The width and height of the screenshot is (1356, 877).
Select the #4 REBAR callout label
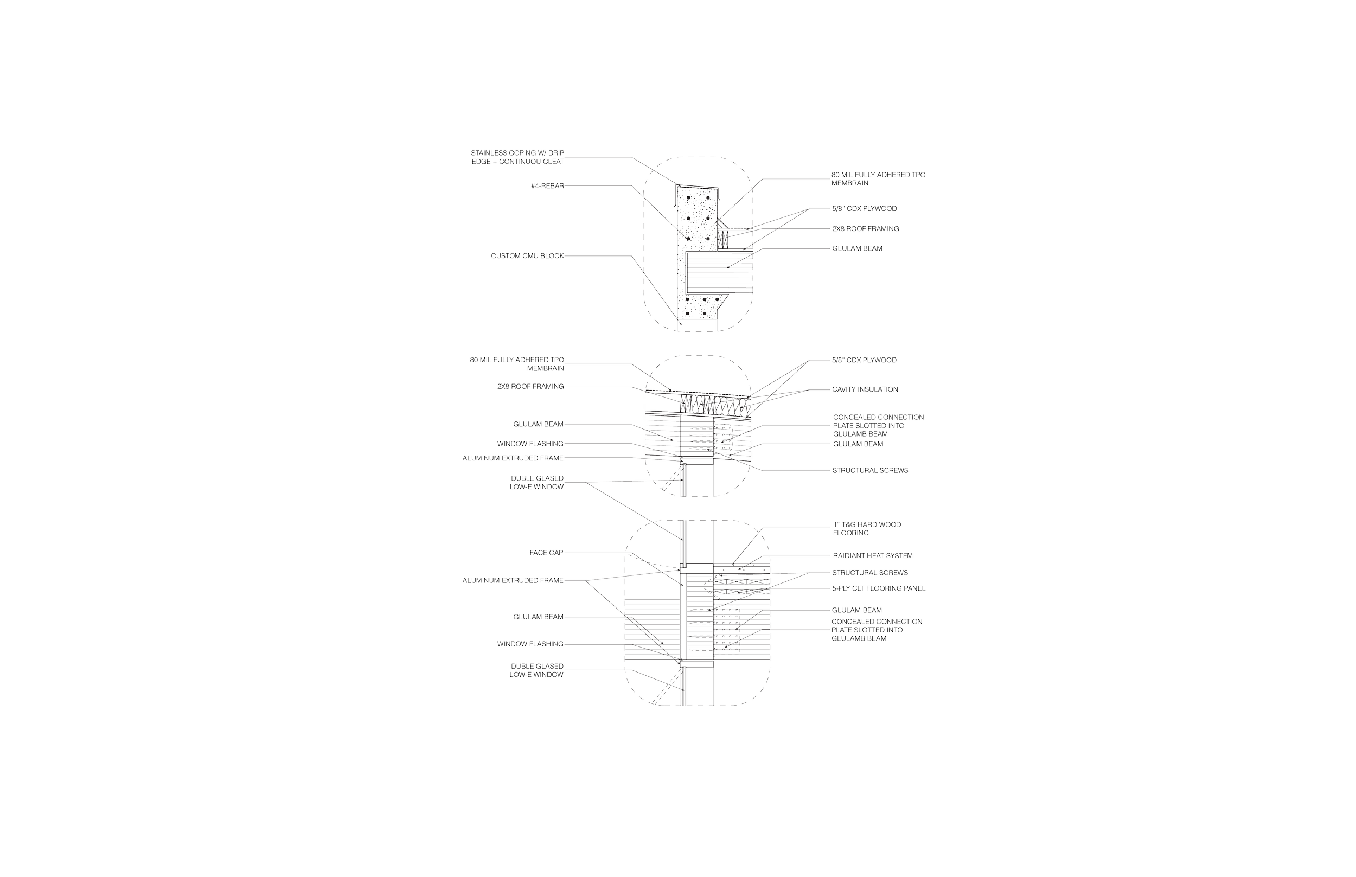(x=547, y=186)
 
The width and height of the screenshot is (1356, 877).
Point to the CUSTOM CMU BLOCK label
(x=527, y=256)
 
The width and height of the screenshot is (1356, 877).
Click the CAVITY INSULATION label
(x=865, y=389)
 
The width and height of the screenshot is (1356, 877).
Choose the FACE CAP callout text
(x=546, y=552)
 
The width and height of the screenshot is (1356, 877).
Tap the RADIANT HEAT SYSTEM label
(x=873, y=555)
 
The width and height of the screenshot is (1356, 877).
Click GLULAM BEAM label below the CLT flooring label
(x=857, y=610)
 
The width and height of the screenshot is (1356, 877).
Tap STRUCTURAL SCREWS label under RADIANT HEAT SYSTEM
(x=870, y=572)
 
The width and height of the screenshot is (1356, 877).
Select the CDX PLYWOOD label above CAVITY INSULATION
(x=865, y=361)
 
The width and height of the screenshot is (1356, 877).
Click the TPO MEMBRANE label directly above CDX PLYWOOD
(x=878, y=179)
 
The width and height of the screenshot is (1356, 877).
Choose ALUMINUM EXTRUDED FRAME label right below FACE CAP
(x=513, y=581)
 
